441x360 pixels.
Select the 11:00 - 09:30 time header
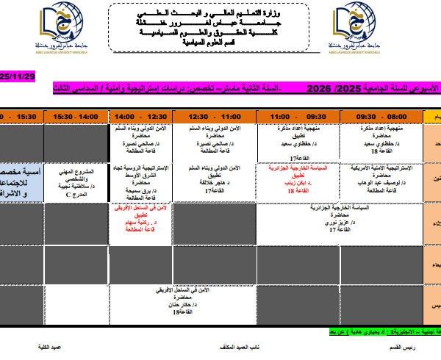click(298, 116)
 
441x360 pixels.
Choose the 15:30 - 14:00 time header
click(76, 116)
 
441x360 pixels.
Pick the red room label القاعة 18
click(298, 190)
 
